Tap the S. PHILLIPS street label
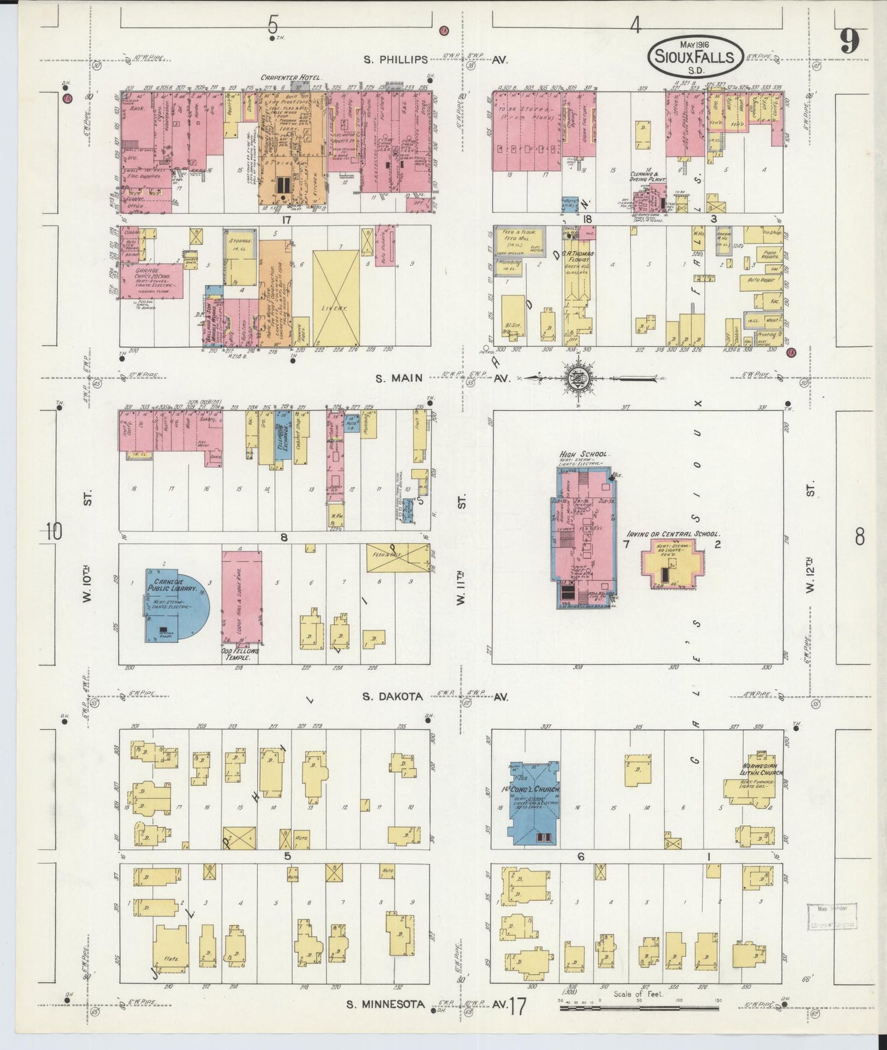395,60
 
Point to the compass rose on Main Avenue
578,378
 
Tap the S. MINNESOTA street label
393,1005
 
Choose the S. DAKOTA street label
392,696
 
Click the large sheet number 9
850,42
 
